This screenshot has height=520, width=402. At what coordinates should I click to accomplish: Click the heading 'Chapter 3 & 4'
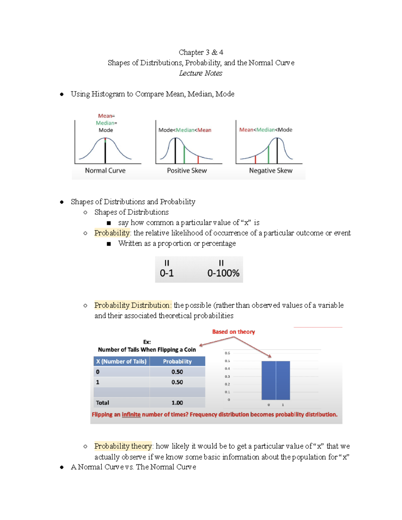point(201,52)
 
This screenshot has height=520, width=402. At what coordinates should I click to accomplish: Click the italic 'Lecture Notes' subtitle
point(200,73)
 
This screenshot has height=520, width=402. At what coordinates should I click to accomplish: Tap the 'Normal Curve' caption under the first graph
point(105,170)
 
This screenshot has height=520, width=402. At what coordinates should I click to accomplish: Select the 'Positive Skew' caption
point(187,170)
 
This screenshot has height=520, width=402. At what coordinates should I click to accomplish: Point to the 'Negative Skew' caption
point(271,170)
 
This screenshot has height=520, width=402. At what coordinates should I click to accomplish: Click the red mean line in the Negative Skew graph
point(256,159)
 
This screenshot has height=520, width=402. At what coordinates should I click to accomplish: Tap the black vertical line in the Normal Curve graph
point(105,152)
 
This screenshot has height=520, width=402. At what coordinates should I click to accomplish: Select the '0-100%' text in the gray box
point(223,273)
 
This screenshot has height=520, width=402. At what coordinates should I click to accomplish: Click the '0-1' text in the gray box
point(166,273)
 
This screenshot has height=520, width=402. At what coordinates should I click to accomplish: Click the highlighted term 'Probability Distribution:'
point(133,305)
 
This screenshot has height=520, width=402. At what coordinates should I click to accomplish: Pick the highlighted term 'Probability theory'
point(123,446)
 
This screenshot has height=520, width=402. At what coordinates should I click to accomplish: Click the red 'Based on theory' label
point(233,331)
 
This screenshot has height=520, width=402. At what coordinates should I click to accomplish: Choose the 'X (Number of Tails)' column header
point(121,361)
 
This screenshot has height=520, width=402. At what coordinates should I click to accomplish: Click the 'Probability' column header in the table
point(177,361)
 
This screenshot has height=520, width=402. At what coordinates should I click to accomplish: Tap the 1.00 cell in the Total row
point(177,402)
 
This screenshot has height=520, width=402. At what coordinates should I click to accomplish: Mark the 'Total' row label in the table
point(103,402)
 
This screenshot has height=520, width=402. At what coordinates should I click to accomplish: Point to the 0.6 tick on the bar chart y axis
point(227,353)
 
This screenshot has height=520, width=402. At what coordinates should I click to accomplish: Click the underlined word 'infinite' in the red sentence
point(131,415)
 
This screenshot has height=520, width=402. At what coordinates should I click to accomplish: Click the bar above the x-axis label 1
point(283,380)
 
